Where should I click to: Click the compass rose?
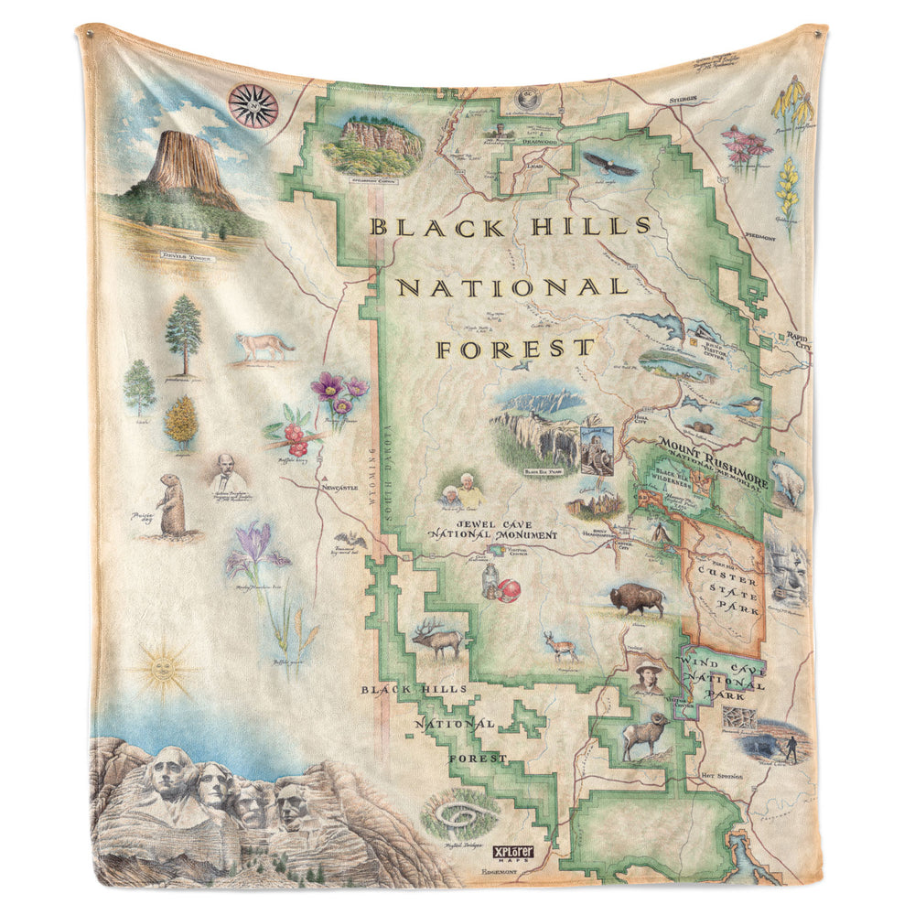pos(253,104)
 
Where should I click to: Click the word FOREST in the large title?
pos(514,349)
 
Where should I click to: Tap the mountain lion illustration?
pos(264,346)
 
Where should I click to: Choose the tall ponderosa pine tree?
pos(184,333)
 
